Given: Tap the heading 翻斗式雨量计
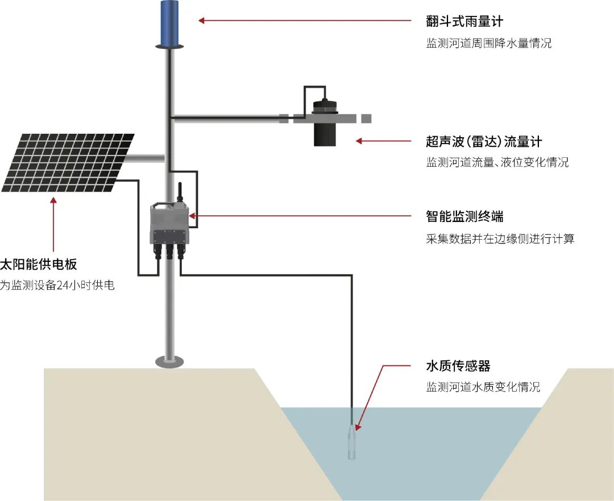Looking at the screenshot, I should click(x=464, y=22).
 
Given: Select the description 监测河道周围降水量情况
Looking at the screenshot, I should click(x=489, y=43).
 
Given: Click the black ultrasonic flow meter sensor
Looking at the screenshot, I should click(x=326, y=125).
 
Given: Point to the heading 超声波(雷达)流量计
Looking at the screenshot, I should click(x=484, y=141).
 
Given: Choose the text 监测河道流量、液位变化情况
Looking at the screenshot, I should click(x=497, y=163).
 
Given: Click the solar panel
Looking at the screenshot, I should click(x=68, y=162).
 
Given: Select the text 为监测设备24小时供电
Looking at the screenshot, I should click(x=57, y=285).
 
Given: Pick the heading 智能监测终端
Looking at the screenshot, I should click(x=464, y=217).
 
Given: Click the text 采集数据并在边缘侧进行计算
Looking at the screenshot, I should click(x=500, y=239).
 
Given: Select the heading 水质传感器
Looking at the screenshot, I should click(x=458, y=366).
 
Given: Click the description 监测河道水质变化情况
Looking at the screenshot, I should click(x=483, y=387).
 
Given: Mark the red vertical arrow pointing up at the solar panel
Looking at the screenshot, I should click(x=53, y=225).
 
